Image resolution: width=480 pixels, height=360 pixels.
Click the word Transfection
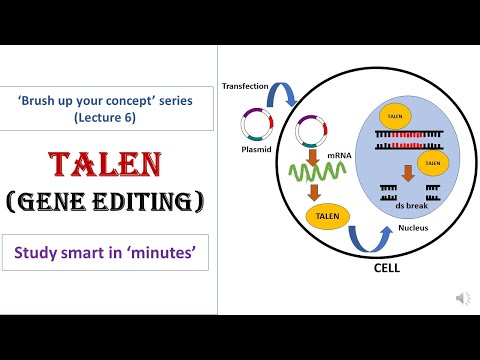246,87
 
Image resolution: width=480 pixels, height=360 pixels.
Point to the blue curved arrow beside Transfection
286,95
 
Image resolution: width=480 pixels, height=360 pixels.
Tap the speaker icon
463,298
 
